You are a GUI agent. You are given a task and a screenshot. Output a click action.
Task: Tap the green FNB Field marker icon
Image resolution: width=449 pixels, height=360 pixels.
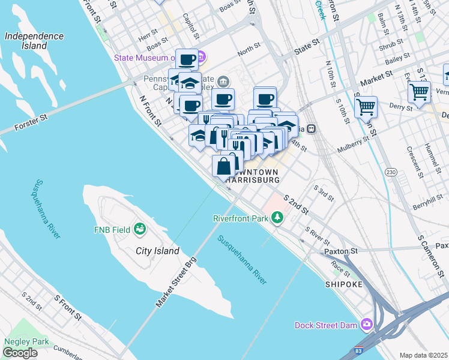point(140,229)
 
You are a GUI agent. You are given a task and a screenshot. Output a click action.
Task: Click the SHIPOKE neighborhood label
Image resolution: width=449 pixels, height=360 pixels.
point(344,284)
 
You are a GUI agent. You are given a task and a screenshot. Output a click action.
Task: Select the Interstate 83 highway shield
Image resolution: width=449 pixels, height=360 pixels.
point(358,349)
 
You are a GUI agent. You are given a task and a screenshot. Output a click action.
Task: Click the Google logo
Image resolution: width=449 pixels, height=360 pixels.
point(20,353)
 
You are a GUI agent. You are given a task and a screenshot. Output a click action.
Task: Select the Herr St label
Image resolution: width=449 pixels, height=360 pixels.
point(147,37)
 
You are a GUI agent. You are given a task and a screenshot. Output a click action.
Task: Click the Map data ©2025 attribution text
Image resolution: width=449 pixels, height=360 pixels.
point(423,355)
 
